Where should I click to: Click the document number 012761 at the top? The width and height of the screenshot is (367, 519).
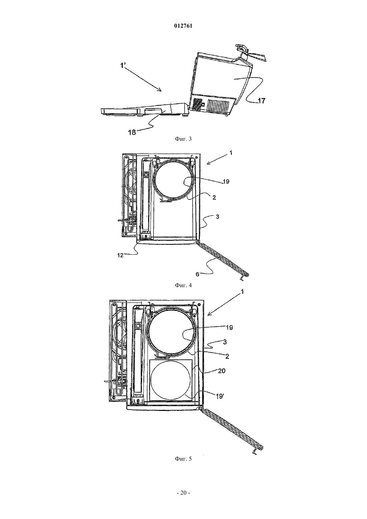click(183, 26)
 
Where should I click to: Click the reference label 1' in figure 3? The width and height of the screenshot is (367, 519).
click(123, 66)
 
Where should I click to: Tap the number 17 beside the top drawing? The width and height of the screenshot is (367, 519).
click(262, 101)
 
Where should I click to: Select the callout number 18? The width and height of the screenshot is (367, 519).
click(132, 133)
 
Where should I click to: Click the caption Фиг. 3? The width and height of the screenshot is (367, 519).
click(183, 139)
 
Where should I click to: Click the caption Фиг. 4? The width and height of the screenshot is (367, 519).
click(183, 285)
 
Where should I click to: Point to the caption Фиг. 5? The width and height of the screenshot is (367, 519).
click(183, 459)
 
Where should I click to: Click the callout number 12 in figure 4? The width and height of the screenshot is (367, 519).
click(120, 256)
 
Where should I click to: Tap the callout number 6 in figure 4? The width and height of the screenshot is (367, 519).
click(198, 274)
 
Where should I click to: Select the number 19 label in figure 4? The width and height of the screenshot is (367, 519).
click(226, 181)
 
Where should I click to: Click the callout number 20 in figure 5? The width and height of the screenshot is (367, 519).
click(222, 371)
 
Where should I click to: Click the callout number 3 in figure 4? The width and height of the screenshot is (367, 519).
click(217, 217)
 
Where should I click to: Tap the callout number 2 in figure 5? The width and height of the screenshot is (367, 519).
click(227, 356)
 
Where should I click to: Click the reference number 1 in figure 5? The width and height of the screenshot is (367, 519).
click(242, 292)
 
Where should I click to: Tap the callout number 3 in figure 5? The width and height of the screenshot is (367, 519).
click(225, 342)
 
